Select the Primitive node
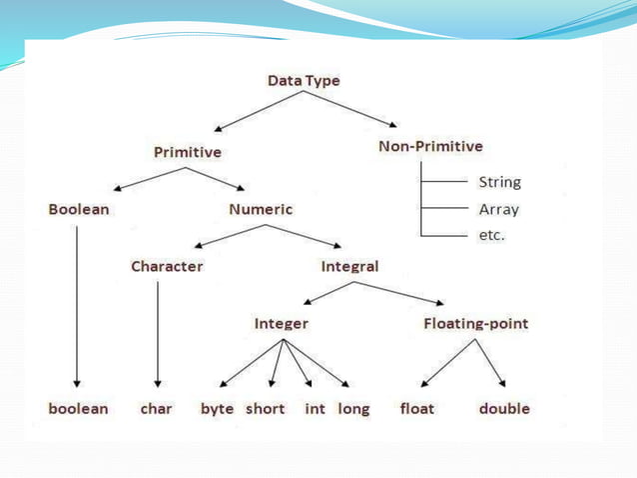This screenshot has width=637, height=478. pos(187,152)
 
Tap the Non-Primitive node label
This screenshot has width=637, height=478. pos(430,146)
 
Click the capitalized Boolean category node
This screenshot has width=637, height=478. pos(79,210)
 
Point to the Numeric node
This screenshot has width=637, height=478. pos(261,210)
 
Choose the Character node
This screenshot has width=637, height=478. pos(167,267)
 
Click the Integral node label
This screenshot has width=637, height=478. pos(349,267)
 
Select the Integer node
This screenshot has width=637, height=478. pos(281,324)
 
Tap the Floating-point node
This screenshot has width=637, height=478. pos(475,324)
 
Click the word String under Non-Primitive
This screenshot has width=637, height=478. pos(499,183)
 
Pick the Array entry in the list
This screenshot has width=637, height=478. pos(498,210)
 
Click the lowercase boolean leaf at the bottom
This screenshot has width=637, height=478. pos(79,409)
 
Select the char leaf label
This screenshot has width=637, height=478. pos(157,409)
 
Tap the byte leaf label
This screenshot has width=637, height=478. pos(217,409)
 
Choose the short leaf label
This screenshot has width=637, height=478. pos(265,409)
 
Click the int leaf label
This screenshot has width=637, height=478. pos(314,409)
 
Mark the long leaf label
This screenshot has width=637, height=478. pos(353,409)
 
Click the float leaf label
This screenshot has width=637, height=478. pos(416,409)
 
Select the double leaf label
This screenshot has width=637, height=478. pos(504,409)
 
